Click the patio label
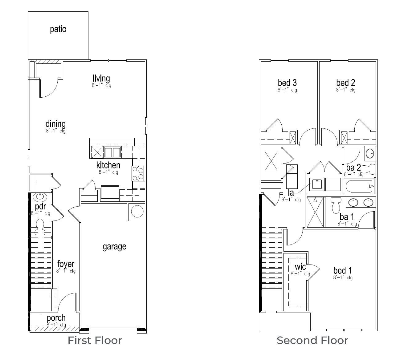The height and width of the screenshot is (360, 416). pos(58,30)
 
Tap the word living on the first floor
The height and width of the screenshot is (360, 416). pos(101,79)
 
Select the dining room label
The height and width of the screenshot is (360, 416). pos(55,124)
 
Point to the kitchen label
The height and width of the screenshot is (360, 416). pos(108,165)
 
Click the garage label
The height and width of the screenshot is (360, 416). pos(114,247)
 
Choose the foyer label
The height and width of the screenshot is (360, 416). pos(66,264)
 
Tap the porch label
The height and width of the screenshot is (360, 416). pos(56,318)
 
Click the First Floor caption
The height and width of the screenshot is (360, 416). pos(95,340)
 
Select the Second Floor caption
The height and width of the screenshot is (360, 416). pos(312,340)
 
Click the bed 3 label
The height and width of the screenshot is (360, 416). pos(287,83)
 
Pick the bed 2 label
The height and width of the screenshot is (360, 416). pos(345,83)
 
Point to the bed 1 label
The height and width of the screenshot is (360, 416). pos(343,271)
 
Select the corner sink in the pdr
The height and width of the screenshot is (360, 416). pos(40,196)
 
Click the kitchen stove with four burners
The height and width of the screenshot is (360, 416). pos(138,173)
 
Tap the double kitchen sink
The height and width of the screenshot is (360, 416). pos(112,152)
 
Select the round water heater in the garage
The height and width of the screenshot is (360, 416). pos(137,211)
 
